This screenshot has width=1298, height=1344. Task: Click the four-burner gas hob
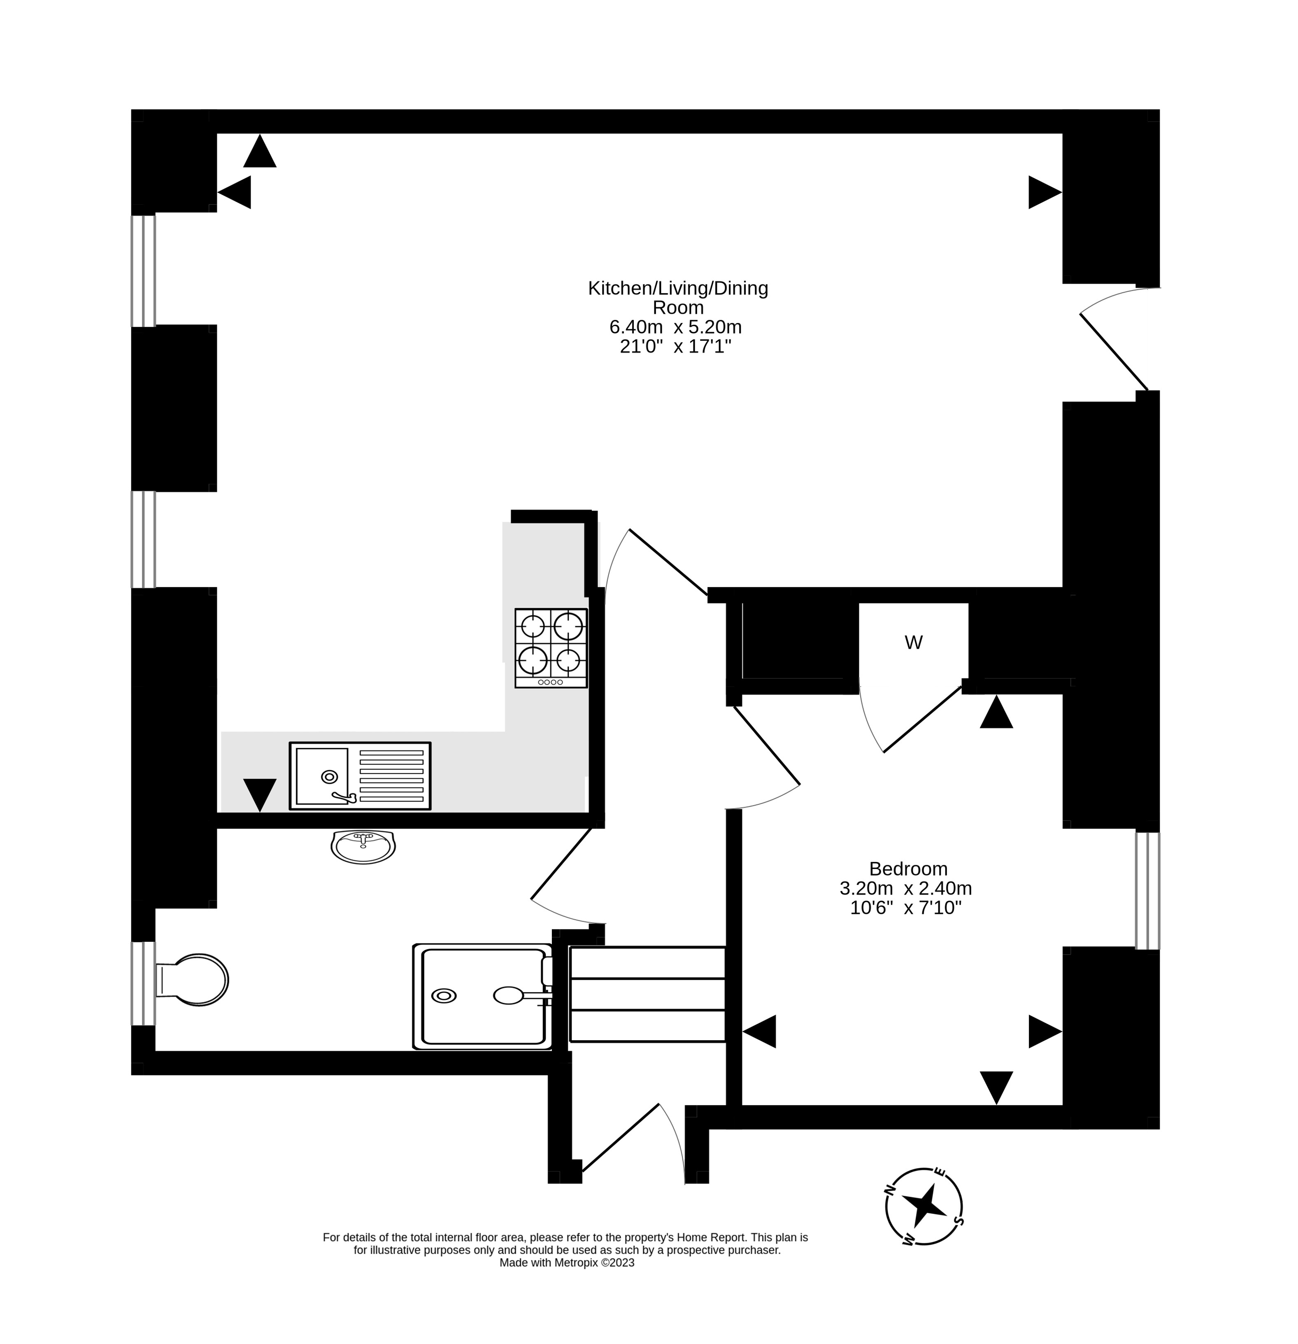551,648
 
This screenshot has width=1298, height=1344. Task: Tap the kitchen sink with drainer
360,776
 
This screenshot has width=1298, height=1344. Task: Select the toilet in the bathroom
195,980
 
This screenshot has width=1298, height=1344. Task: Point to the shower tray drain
444,996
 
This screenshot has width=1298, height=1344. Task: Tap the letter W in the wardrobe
913,643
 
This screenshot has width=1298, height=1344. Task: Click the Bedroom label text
908,869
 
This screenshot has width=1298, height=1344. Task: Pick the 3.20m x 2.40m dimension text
905,888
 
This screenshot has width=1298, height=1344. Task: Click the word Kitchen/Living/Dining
677,288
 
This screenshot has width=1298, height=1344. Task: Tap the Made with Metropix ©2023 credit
566,1262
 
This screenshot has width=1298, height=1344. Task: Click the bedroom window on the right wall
1147,890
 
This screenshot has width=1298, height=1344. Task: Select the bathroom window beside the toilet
143,983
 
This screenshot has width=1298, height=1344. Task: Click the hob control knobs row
551,682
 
